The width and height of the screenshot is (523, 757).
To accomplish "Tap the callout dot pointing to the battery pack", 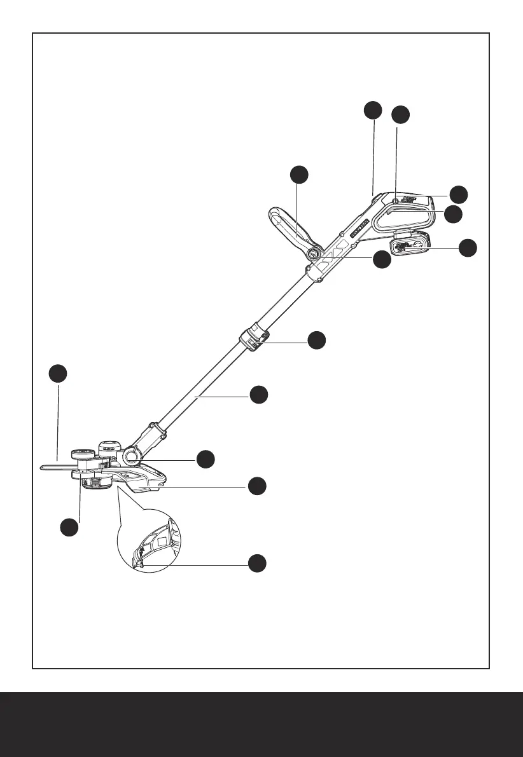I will [468, 248].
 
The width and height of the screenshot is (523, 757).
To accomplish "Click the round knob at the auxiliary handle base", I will [314, 254].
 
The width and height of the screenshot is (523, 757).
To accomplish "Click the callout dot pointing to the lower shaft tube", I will [258, 395].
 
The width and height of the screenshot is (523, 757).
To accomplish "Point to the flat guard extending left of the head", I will [57, 467].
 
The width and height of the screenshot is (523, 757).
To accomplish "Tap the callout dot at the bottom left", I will [69, 527].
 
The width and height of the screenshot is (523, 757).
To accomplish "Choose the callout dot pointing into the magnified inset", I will [256, 563].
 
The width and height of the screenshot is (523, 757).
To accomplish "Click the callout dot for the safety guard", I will [256, 486].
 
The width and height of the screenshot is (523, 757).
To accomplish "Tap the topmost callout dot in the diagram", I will [373, 109].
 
